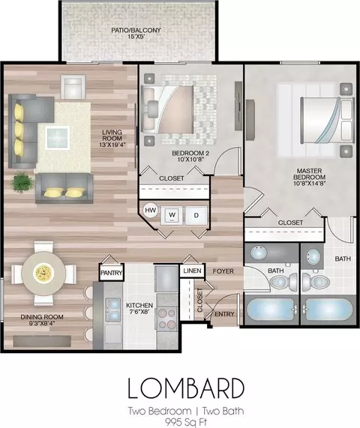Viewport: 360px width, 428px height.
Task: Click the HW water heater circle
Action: click(150, 210)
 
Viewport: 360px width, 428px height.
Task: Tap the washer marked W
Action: click(172, 215)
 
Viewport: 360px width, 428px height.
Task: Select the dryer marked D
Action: click(196, 215)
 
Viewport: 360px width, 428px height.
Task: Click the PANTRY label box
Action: click(112, 272)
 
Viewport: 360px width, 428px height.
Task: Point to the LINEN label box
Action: click(192, 271)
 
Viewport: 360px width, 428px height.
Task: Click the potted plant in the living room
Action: click(22, 182)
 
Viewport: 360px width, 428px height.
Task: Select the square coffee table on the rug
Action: click(57, 138)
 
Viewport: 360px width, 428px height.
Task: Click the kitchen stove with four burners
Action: click(167, 318)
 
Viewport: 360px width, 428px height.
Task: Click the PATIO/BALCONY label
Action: click(136, 33)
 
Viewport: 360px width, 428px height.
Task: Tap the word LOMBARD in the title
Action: click(186, 388)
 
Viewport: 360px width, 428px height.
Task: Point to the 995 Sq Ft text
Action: click(186, 422)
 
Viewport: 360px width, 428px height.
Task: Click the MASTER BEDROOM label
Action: click(310, 177)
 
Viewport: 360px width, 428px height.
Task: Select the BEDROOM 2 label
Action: click(190, 156)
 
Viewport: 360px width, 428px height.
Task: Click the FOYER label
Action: click(223, 271)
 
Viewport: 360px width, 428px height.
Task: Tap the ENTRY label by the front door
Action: click(224, 314)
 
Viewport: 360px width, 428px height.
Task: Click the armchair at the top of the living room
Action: click(73, 87)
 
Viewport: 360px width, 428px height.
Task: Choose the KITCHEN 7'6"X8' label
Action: click(139, 308)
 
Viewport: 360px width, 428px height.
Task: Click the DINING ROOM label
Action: click(42, 320)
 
